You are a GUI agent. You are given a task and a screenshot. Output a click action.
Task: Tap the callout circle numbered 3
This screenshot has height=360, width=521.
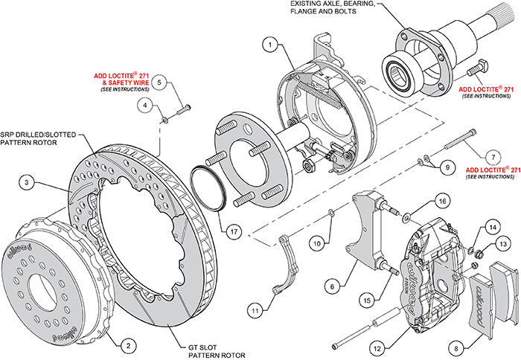coord(25,181)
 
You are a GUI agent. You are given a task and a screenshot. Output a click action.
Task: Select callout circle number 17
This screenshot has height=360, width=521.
coord(233,231)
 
